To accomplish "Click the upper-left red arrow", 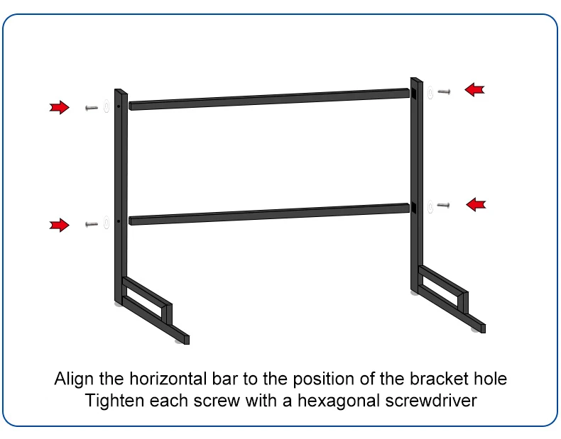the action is (59, 108).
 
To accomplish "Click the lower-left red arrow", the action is (59, 226).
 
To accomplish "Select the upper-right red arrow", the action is (474, 89).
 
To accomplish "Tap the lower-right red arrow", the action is (476, 205).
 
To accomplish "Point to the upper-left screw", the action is (91, 108).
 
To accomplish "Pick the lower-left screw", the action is (91, 224).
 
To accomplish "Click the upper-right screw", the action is (445, 91).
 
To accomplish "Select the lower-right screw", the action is (444, 206).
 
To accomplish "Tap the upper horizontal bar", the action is (270, 100).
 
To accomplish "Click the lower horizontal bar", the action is (270, 214).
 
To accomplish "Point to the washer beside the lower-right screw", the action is (430, 206).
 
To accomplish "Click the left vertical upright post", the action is (119, 199).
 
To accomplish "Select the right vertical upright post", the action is (417, 184).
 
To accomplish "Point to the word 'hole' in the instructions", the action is (491, 378).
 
